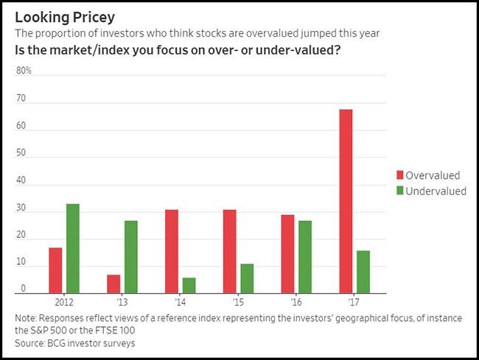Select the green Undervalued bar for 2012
(x=73, y=248)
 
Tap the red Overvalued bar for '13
(x=113, y=283)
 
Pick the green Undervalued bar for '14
(x=189, y=285)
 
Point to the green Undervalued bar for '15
(x=247, y=278)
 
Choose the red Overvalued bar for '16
(x=287, y=253)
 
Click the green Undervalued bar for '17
(x=363, y=272)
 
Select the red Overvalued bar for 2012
(x=56, y=270)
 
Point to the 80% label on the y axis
(x=24, y=71)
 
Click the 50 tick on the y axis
(x=21, y=153)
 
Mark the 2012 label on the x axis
(x=64, y=302)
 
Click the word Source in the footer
(x=30, y=342)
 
